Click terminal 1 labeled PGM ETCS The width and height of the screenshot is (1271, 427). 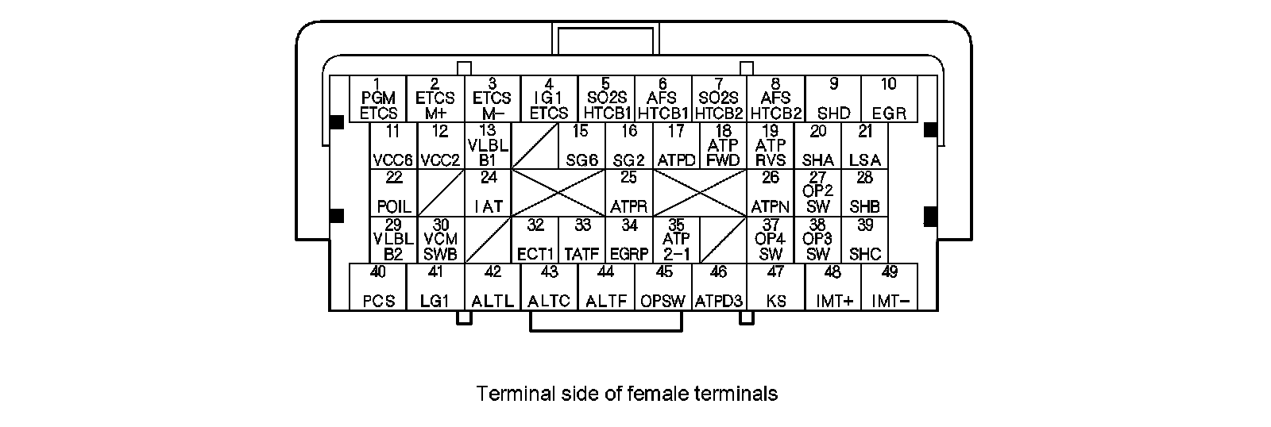click(x=378, y=98)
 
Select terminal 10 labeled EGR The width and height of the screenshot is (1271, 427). click(x=889, y=98)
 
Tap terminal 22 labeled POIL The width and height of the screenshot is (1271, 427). click(x=394, y=192)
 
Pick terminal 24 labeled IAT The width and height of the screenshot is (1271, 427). click(x=489, y=192)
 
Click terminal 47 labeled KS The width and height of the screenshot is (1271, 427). click(x=775, y=287)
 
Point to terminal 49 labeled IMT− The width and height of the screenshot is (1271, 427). click(x=890, y=287)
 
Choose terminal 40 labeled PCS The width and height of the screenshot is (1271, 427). click(x=378, y=287)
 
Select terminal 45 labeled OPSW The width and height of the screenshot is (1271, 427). click(x=663, y=287)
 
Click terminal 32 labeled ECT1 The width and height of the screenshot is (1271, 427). click(x=535, y=240)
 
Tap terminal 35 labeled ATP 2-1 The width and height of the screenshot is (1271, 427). click(x=676, y=240)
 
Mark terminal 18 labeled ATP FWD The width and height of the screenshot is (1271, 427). click(x=723, y=146)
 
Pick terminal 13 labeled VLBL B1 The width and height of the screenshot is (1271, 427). click(x=489, y=146)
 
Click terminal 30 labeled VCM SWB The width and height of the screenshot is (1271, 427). click(x=441, y=240)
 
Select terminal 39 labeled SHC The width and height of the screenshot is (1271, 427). click(x=865, y=240)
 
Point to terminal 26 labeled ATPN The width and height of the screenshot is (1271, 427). click(x=770, y=192)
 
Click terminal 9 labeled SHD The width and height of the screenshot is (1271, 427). click(x=833, y=98)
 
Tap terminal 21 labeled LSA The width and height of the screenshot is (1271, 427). click(x=865, y=146)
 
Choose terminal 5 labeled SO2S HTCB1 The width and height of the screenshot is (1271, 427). click(x=605, y=98)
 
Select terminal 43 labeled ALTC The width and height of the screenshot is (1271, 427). click(x=549, y=287)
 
